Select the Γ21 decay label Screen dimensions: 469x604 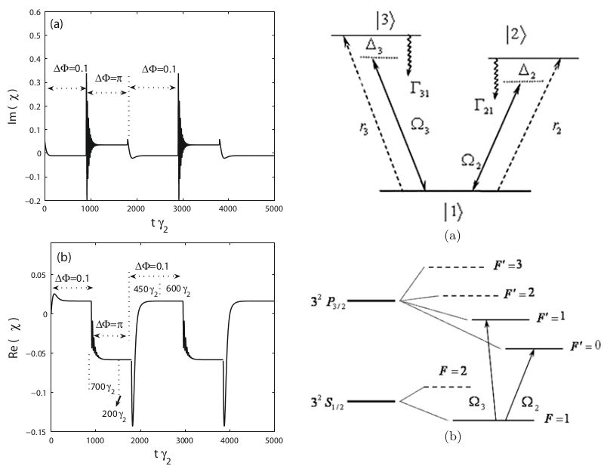(x=476, y=109)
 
